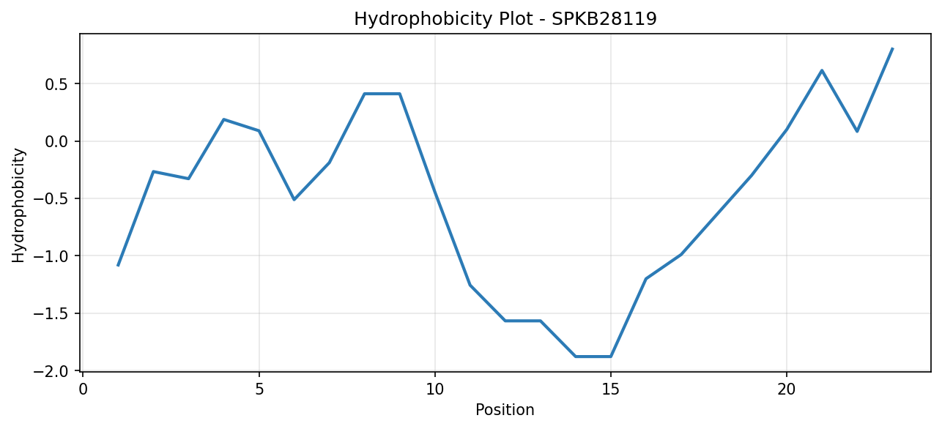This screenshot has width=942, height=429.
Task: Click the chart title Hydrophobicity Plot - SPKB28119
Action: pyautogui.click(x=505, y=19)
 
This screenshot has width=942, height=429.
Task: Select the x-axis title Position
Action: pyautogui.click(x=505, y=410)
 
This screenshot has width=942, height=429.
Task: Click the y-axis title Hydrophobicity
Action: pyautogui.click(x=18, y=206)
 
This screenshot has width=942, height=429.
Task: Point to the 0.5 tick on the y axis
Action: pyautogui.click(x=56, y=84)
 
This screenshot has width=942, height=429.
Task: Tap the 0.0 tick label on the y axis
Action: pyautogui.click(x=56, y=141)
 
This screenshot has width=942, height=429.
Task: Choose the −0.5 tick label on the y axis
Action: pyautogui.click(x=51, y=198)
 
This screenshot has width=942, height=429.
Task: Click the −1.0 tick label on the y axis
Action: pyautogui.click(x=51, y=256)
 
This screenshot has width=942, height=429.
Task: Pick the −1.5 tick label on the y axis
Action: pyautogui.click(x=51, y=313)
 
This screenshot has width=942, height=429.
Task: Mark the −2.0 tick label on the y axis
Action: pyautogui.click(x=51, y=371)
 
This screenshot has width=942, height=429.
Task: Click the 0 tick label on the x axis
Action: pyautogui.click(x=84, y=389)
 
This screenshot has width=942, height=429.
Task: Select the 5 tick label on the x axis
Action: pyautogui.click(x=259, y=389)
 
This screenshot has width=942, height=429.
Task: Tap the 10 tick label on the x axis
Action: pyautogui.click(x=435, y=389)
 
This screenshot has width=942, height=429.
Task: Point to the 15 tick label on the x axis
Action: pyautogui.click(x=611, y=389)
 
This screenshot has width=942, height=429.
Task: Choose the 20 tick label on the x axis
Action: pyautogui.click(x=787, y=389)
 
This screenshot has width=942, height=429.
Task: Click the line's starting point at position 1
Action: pyautogui.click(x=118, y=266)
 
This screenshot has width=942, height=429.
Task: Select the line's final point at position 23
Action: pyautogui.click(x=892, y=48)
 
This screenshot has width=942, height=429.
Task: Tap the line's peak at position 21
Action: pyautogui.click(x=822, y=70)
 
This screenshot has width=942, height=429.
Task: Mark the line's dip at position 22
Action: pyautogui.click(x=857, y=132)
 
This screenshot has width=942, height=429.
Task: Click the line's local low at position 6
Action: pyautogui.click(x=294, y=200)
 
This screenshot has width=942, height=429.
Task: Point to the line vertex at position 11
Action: pyautogui.click(x=470, y=286)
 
